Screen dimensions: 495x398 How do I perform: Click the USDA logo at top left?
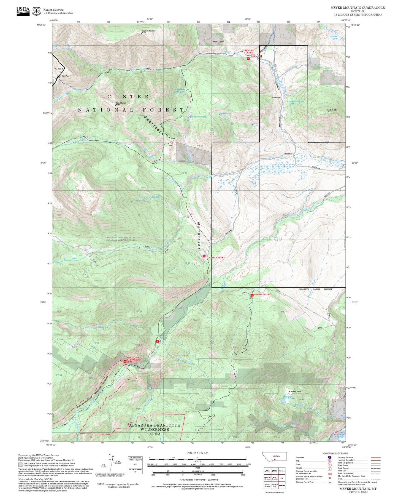pyautogui.click(x=23, y=11)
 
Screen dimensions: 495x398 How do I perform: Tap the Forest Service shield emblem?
pyautogui.click(x=36, y=11)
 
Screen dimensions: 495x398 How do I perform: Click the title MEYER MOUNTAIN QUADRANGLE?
pyautogui.click(x=357, y=8)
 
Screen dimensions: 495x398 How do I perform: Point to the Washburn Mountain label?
pyautogui.click(x=148, y=31)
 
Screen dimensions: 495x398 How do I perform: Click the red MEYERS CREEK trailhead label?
pyautogui.click(x=249, y=52)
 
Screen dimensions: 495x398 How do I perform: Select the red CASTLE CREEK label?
pyautogui.click(x=215, y=257)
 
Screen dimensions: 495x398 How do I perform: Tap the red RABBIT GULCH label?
pyautogui.click(x=262, y=294)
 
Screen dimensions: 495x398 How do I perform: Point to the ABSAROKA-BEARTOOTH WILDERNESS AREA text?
pyautogui.click(x=155, y=430)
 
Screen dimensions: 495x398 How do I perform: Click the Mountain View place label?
pyautogui.click(x=294, y=392)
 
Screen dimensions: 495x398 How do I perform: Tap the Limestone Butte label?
pyautogui.click(x=331, y=110)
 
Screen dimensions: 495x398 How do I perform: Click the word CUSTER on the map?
pyautogui.click(x=128, y=97)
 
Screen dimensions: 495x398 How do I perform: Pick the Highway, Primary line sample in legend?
pyautogui.click(x=375, y=457)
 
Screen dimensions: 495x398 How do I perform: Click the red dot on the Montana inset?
pyautogui.click(x=275, y=460)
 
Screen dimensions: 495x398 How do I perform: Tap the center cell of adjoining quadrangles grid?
pyautogui.click(x=274, y=478)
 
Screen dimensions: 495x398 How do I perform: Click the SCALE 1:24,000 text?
pyautogui.click(x=197, y=453)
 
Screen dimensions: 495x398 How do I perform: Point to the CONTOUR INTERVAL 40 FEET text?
pyautogui.click(x=197, y=480)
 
